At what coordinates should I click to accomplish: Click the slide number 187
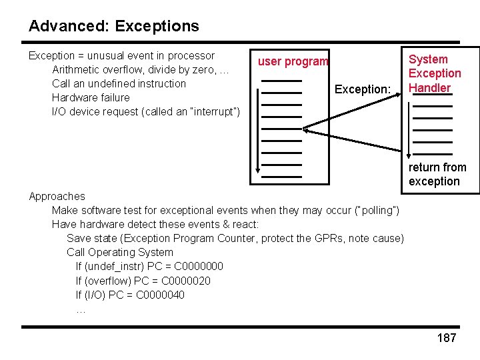click(x=447, y=338)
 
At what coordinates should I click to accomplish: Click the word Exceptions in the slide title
click(x=157, y=27)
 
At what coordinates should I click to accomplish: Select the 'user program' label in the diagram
click(x=293, y=61)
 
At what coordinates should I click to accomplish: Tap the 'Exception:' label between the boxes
click(x=362, y=89)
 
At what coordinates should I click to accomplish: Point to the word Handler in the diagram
click(x=429, y=87)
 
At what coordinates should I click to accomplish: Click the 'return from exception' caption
click(x=437, y=174)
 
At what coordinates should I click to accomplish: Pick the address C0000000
click(x=199, y=267)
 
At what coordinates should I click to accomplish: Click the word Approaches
click(x=57, y=196)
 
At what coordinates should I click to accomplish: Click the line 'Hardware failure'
click(x=91, y=97)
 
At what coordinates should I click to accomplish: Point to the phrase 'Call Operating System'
click(x=119, y=252)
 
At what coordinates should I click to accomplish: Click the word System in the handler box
click(x=428, y=59)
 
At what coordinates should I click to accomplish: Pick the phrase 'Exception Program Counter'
click(x=195, y=238)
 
